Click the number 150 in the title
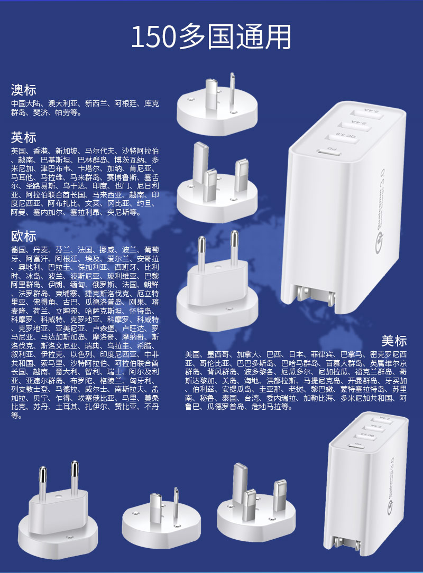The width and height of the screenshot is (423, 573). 154,37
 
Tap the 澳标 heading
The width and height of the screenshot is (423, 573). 23,90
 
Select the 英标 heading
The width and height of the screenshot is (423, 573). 23,137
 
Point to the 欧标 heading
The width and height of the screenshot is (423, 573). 23,236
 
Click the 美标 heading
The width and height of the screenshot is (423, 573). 394,341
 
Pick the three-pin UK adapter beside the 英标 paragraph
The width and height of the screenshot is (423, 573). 217,182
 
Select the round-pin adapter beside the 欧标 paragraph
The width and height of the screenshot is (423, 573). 217,282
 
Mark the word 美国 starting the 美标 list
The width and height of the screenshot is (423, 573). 192,354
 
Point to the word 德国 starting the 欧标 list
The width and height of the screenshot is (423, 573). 19,250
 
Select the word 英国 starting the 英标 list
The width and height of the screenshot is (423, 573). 19,151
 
